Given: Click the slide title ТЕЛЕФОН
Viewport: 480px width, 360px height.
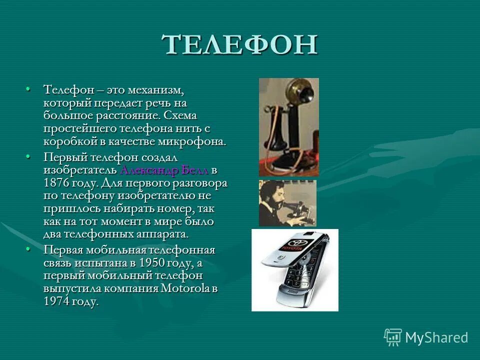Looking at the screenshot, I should [x=240, y=45].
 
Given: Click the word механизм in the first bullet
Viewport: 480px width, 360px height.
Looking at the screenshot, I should [x=155, y=90].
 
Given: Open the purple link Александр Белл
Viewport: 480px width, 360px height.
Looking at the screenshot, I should [x=164, y=170].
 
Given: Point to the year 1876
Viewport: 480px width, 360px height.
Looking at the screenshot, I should [x=57, y=183].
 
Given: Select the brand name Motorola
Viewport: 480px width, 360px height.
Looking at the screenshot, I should [x=185, y=288].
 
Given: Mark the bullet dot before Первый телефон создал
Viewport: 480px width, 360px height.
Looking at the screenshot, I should [x=28, y=157].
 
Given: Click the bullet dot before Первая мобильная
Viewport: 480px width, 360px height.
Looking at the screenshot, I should [x=28, y=249].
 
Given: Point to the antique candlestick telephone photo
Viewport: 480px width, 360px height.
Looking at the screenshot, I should [x=288, y=127].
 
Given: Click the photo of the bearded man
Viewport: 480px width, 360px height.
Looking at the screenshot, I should [x=287, y=203].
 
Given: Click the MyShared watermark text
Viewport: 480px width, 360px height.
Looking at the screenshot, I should [x=436, y=337].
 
